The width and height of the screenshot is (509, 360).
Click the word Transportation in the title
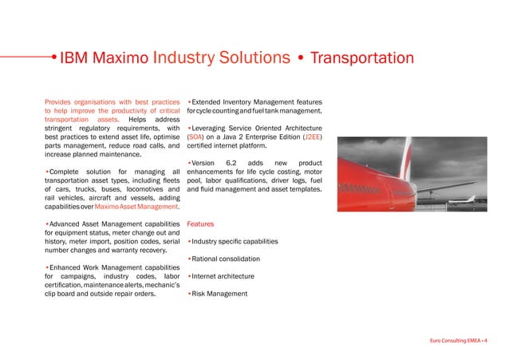click(361, 58)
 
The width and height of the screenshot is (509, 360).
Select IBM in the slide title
click(77, 58)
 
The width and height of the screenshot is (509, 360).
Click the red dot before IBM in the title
click(53, 58)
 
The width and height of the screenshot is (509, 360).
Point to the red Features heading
click(200, 225)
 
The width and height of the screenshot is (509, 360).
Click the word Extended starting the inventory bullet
click(210, 102)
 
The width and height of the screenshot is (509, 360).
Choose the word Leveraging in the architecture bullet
click(215, 129)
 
